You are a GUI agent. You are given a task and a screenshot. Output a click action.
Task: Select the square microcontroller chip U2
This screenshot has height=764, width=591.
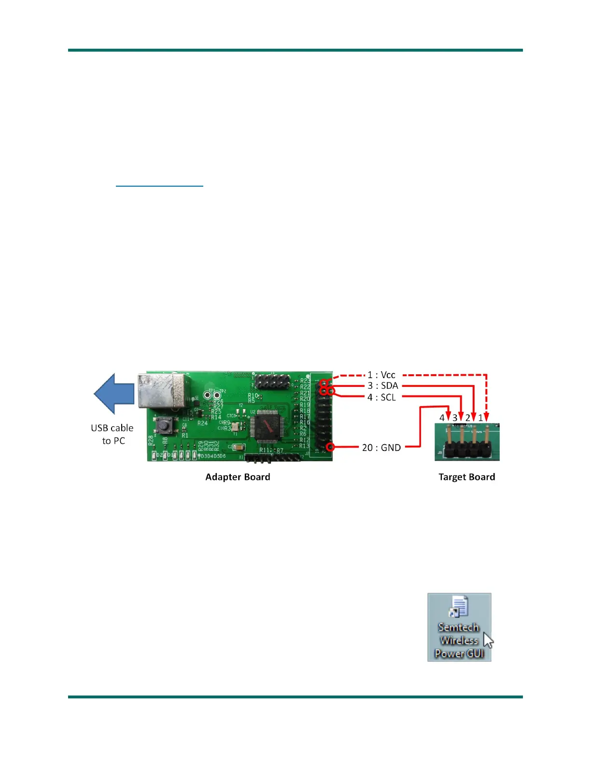click(266, 426)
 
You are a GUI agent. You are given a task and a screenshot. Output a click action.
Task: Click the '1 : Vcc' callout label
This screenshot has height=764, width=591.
click(381, 375)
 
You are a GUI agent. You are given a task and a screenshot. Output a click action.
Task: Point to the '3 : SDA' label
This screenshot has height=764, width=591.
click(383, 386)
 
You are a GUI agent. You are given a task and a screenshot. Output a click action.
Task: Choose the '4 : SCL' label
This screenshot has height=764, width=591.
click(381, 397)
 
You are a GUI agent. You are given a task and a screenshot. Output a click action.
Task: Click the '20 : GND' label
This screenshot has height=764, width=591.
click(381, 448)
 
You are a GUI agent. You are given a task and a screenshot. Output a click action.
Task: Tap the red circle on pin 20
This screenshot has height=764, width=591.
click(330, 447)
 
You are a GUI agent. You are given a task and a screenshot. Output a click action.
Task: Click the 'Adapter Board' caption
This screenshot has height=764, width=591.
click(238, 477)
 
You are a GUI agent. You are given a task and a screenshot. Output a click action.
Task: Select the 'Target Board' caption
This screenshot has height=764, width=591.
click(466, 477)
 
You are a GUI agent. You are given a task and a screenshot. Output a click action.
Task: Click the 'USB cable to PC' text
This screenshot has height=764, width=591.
click(113, 434)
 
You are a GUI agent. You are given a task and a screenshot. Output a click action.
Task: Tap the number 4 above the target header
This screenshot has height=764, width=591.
click(442, 418)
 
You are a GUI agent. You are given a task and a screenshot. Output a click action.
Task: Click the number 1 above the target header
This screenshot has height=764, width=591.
click(481, 418)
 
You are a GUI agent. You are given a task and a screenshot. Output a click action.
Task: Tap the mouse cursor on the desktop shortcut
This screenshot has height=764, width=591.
click(488, 640)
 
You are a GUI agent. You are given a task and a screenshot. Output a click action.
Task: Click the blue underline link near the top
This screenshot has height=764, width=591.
click(159, 186)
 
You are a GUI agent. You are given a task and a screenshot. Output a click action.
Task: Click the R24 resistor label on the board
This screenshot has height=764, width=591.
click(202, 423)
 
